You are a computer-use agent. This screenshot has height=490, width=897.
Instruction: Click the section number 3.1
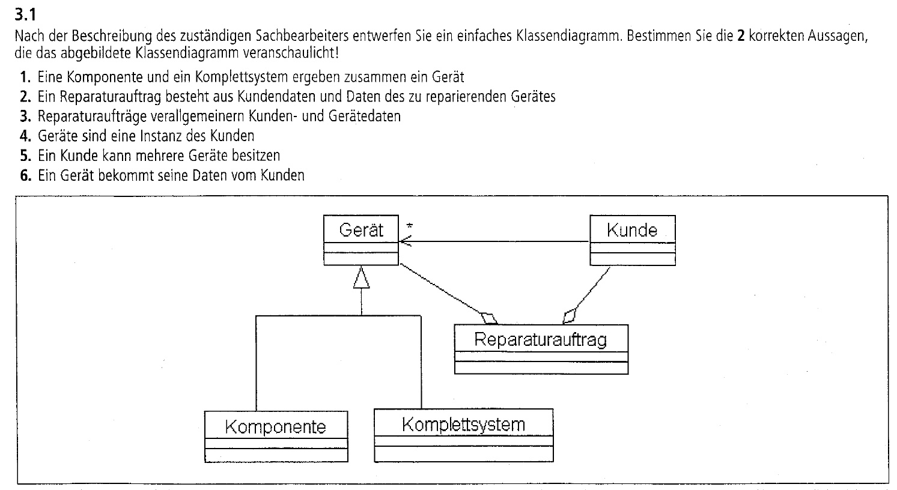point(25,15)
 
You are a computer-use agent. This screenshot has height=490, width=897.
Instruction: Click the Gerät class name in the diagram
point(361,230)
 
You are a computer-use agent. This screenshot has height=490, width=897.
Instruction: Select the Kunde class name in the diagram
point(632,230)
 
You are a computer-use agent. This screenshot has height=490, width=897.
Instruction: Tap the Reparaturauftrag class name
point(540,339)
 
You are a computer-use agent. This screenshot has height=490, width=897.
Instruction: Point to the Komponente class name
point(276,427)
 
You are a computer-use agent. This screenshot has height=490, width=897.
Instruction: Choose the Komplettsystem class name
point(463,425)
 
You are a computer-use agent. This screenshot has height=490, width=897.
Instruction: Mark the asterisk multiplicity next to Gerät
point(409,226)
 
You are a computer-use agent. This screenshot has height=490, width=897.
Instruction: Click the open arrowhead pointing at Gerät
point(406,241)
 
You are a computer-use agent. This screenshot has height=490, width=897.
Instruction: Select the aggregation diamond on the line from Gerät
point(488,318)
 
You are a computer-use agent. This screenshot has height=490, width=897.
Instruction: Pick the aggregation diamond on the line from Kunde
point(569,316)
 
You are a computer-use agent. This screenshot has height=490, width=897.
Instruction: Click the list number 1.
point(25,77)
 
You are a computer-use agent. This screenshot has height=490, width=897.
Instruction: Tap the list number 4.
point(25,136)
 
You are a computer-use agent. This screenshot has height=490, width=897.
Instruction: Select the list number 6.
point(25,175)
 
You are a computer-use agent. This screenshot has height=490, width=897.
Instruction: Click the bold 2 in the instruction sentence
point(741,36)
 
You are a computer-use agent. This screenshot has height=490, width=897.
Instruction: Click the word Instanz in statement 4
point(162,136)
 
